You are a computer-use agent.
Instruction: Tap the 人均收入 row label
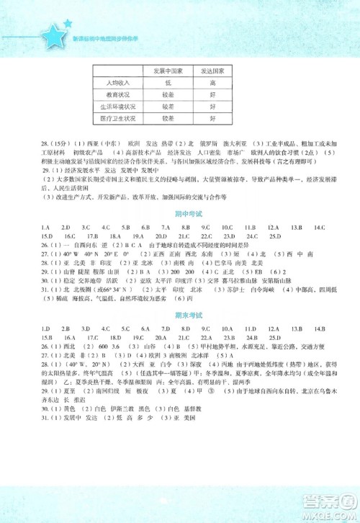[x=107, y=83]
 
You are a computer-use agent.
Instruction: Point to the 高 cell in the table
[x=212, y=83]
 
